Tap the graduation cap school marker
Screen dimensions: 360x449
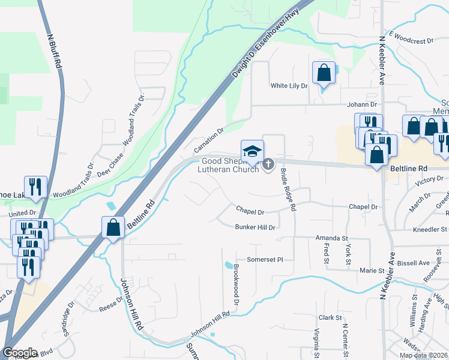[x=252, y=151]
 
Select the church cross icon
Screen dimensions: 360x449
[x=268, y=163]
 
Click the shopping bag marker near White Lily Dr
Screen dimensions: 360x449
[x=324, y=73]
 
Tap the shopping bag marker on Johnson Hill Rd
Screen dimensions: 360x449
[x=113, y=227]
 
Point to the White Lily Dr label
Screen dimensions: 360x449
[x=289, y=86]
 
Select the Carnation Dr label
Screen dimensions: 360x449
[x=208, y=139]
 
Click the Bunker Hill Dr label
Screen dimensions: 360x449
[x=255, y=227]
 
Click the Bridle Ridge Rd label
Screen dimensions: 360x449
[x=289, y=189]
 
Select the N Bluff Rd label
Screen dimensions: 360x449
[x=55, y=50]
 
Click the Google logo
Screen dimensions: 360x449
[x=20, y=353]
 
